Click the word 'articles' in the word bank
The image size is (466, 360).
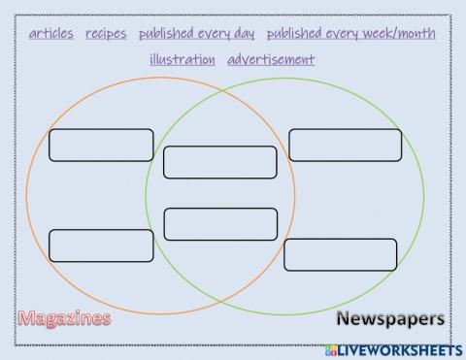point(50,33)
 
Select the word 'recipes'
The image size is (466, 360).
point(106,33)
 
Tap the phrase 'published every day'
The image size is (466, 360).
point(196,33)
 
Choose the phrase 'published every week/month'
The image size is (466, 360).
point(350,33)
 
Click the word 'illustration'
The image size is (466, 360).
point(183,59)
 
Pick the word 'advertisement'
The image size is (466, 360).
point(271,59)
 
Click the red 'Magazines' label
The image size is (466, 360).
point(64,318)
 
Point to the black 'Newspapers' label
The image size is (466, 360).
point(390,318)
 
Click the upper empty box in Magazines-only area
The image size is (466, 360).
point(101,145)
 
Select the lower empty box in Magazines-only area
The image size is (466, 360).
point(101,245)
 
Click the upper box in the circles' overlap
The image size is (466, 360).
point(220,162)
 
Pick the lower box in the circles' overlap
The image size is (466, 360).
point(220,223)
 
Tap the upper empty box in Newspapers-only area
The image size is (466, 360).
point(345,144)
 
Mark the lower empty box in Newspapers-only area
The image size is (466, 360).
point(340,254)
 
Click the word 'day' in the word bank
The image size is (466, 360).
point(244,34)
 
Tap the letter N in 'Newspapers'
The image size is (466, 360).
point(344,318)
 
